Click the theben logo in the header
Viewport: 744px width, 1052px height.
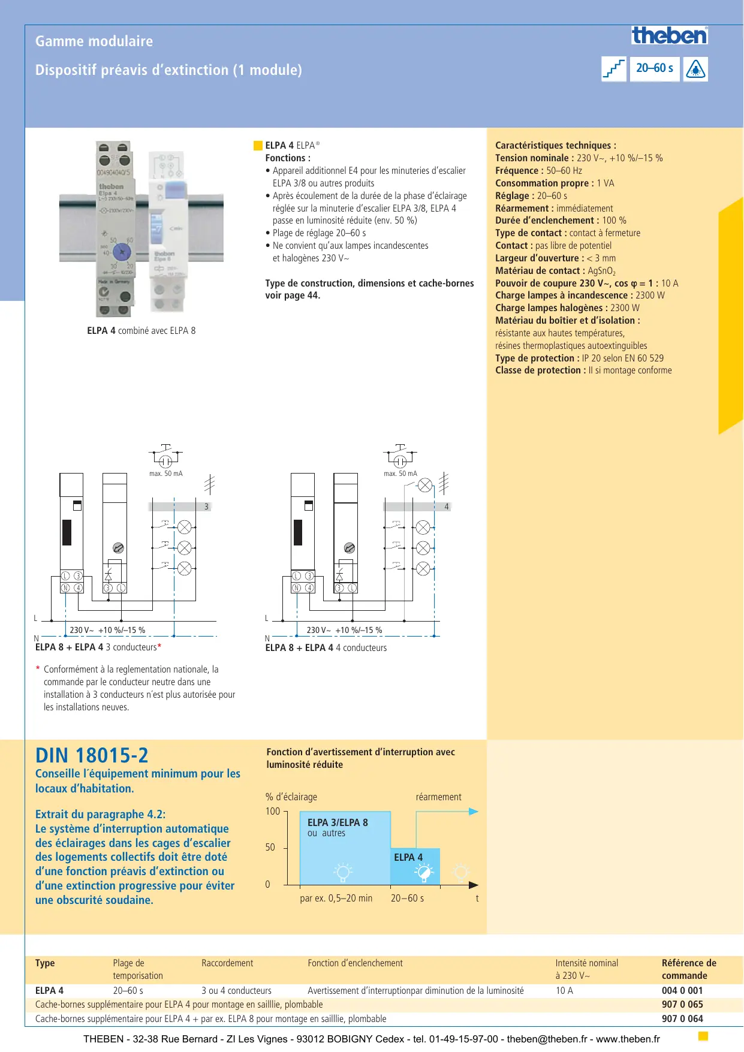point(669,35)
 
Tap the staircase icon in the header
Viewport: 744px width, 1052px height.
point(613,69)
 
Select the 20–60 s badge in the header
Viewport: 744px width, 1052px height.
point(654,68)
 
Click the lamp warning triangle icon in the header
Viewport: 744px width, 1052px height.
point(695,69)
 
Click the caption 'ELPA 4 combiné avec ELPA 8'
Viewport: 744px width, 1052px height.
point(141,331)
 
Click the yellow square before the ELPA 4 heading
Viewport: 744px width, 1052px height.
point(258,146)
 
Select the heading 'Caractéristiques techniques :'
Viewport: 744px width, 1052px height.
point(555,146)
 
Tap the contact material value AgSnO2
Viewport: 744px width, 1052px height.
point(601,271)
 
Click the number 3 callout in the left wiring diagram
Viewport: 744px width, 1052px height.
point(206,507)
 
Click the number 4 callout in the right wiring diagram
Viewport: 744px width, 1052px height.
point(446,507)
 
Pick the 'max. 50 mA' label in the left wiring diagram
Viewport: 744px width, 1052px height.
point(165,474)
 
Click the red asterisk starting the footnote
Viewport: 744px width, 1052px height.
point(38,669)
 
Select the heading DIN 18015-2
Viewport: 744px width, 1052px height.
point(92,755)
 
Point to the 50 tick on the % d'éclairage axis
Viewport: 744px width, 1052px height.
point(270,848)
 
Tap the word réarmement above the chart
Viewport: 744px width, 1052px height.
point(438,797)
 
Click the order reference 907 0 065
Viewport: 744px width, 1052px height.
point(682,1005)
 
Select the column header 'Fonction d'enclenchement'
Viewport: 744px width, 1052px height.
point(355,963)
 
